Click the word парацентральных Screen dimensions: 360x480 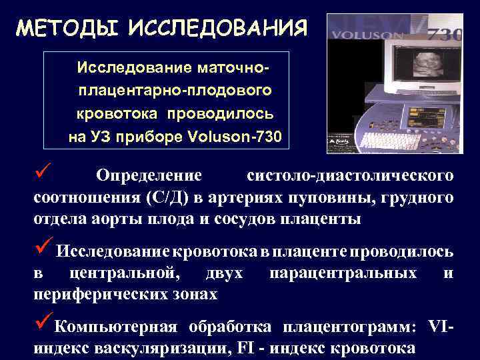(343, 273)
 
